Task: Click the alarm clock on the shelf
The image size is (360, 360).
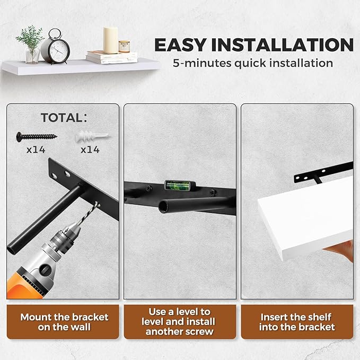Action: click(x=56, y=47)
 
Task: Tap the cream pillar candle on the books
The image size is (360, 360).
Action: click(x=110, y=40)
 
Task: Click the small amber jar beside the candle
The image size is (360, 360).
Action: click(x=124, y=46)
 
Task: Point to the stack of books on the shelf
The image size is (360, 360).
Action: click(x=112, y=57)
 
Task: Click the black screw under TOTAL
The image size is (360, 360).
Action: click(x=37, y=137)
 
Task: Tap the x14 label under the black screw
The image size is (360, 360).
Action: click(x=36, y=150)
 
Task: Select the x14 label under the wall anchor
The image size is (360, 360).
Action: click(x=90, y=150)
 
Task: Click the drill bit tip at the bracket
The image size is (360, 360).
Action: click(x=98, y=203)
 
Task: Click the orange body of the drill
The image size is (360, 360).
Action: click(x=23, y=287)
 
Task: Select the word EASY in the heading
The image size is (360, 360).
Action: click(x=180, y=45)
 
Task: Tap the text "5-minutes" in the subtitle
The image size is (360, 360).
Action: click(x=202, y=63)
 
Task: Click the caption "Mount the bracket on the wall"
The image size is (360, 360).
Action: click(x=64, y=322)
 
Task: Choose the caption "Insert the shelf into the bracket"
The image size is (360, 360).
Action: click(x=297, y=322)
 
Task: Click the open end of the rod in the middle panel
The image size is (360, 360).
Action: click(x=163, y=207)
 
